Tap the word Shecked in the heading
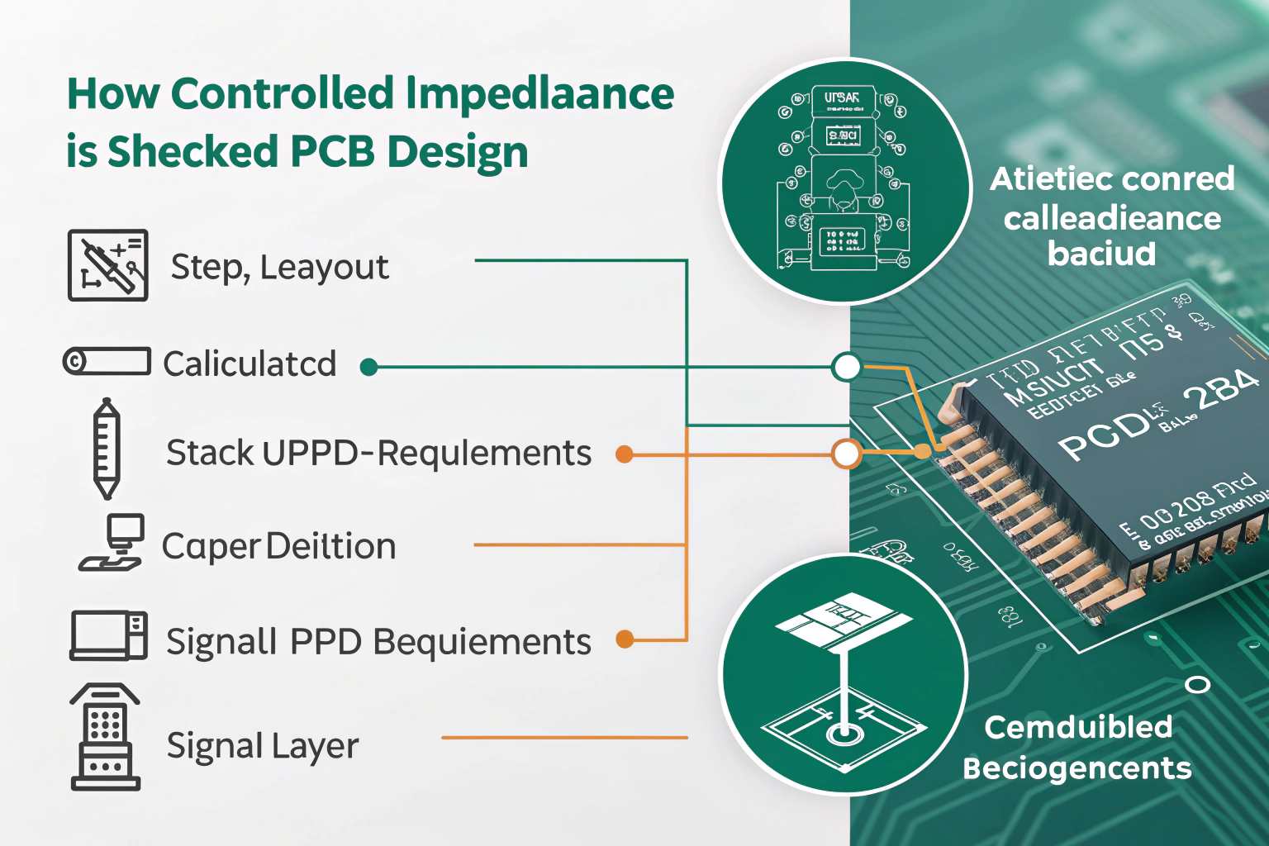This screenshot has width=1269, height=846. click(x=192, y=152)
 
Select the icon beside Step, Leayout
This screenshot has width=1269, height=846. click(x=107, y=265)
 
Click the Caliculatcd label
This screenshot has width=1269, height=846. click(x=250, y=364)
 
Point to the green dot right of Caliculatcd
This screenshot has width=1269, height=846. click(x=369, y=367)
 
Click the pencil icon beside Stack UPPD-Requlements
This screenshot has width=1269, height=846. click(x=106, y=449)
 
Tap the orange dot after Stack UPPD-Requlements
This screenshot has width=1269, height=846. click(x=625, y=454)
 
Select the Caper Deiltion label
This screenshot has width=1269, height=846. click(x=278, y=546)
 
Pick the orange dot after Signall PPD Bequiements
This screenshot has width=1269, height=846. click(x=625, y=639)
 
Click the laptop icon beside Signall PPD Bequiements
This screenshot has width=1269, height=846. click(x=108, y=635)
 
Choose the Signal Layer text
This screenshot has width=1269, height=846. click(x=263, y=746)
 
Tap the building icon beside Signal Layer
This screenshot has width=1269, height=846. click(x=105, y=738)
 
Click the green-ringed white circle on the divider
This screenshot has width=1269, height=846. click(x=846, y=367)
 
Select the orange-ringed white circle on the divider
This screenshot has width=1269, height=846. click(x=846, y=454)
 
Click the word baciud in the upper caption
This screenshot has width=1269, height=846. click(x=1101, y=254)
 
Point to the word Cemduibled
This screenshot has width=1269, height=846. click(x=1078, y=727)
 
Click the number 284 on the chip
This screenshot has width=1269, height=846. click(x=1220, y=391)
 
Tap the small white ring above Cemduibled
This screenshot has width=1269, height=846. click(x=1197, y=685)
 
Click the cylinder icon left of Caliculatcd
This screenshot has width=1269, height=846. click(x=107, y=362)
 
